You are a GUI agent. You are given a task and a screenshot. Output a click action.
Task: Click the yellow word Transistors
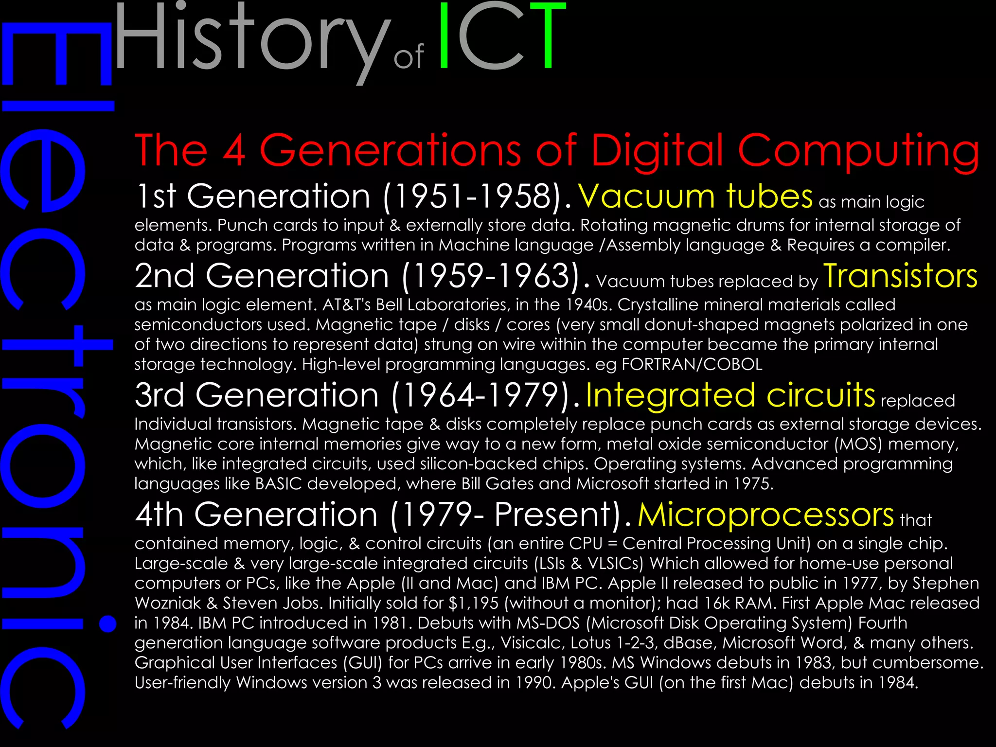pyautogui.click(x=900, y=276)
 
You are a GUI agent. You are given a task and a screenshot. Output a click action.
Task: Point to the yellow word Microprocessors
pyautogui.click(x=765, y=514)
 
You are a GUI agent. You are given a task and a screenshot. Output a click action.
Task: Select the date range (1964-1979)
pyautogui.click(x=480, y=395)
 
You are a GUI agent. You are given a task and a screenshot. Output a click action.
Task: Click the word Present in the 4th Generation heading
pyautogui.click(x=554, y=515)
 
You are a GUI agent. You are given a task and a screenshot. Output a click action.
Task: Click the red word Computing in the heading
pyautogui.click(x=858, y=151)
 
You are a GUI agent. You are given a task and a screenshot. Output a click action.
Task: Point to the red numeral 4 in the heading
pyautogui.click(x=234, y=151)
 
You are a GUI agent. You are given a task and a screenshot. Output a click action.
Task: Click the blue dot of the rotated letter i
pyautogui.click(x=107, y=623)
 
